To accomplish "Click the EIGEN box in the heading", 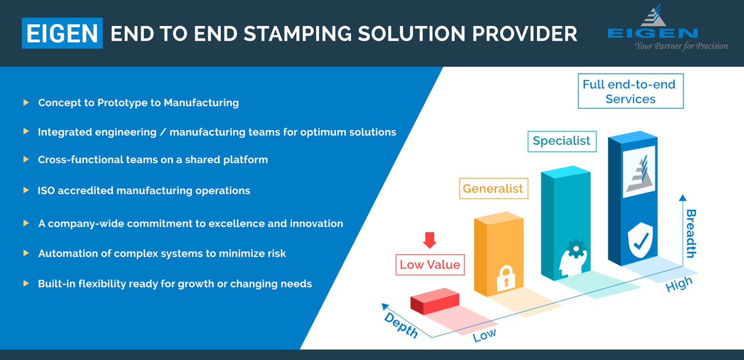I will point(62,33).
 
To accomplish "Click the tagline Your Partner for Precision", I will point(681,46).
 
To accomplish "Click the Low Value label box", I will point(430,265).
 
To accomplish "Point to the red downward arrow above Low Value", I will point(430,239).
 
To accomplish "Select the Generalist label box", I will point(494,188).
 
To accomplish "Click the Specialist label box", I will point(562,141).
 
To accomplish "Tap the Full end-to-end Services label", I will point(629,91).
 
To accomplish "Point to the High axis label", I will point(678,285).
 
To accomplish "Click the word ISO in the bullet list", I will point(47,190).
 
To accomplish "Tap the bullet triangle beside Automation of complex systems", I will point(25,253).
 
